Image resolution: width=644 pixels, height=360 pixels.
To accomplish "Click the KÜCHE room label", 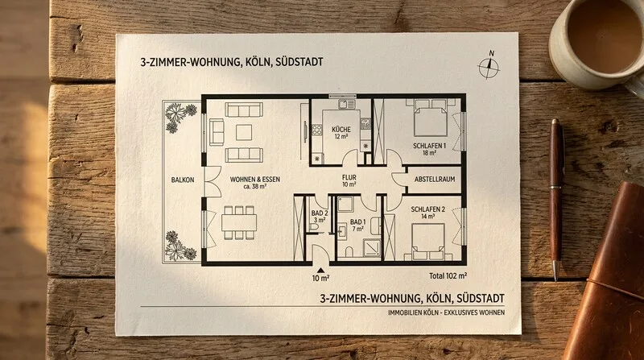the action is (341, 130).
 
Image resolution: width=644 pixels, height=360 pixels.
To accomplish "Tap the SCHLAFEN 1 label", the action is (429, 146).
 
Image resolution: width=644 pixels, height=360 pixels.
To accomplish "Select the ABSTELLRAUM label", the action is (435, 179).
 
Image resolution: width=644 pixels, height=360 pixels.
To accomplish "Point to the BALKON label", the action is (183, 180).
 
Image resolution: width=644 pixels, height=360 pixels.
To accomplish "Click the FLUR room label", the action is (349, 177).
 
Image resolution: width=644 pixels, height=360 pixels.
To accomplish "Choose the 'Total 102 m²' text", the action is (448, 275).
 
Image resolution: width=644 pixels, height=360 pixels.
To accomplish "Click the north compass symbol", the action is (489, 65).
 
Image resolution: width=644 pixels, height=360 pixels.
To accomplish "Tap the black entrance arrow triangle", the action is (320, 270).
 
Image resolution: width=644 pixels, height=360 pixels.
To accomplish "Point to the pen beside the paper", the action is (555, 199).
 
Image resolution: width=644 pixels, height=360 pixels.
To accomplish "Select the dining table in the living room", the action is (239, 222).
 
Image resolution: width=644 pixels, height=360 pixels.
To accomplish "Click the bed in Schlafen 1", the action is (430, 118).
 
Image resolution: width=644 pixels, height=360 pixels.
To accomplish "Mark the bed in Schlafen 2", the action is (428, 242).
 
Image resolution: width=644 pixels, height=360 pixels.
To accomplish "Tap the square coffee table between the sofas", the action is (244, 132).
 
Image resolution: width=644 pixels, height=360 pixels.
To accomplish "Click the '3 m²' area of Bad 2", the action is (320, 221).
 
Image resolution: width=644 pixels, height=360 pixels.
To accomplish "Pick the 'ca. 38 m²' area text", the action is (255, 186).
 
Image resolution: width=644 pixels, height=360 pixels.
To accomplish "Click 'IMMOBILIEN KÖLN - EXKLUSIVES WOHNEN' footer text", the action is (447, 312).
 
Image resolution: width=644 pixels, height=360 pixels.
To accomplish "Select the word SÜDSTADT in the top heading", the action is (299, 62).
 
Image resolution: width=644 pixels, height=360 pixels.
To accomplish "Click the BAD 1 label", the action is (357, 222).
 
